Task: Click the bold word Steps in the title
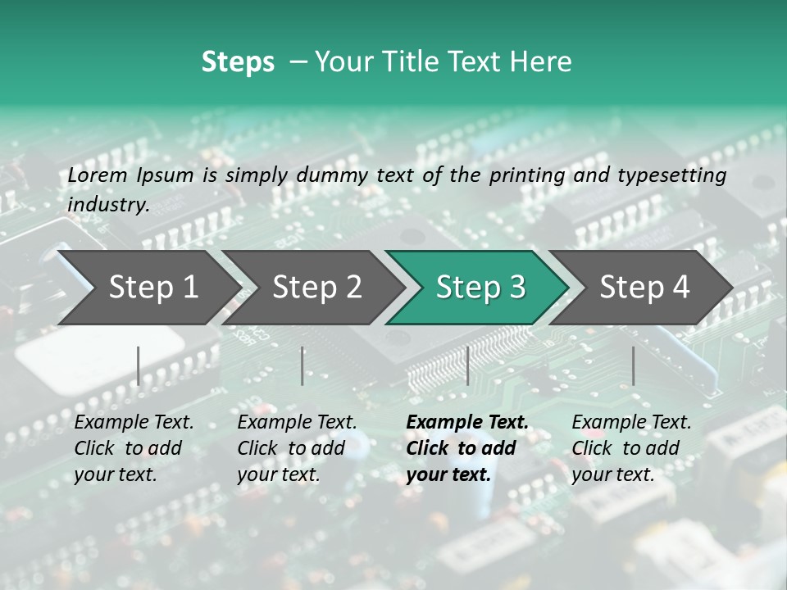[x=238, y=62]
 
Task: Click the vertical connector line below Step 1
[x=139, y=365]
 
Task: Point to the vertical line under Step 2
[x=303, y=365]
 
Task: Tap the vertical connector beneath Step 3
[x=467, y=365]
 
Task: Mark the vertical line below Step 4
[x=633, y=365]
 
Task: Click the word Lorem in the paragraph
[x=98, y=175]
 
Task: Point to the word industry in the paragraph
[x=107, y=205]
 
